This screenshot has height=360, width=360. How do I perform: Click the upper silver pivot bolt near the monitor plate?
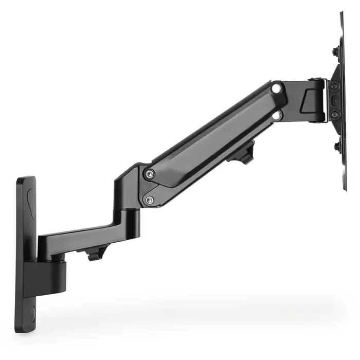278,89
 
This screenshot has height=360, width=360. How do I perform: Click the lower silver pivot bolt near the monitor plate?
277,116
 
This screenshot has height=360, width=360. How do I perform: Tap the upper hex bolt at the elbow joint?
149,174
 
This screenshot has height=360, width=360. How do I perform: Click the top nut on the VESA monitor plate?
335,51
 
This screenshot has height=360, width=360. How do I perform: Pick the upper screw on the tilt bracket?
335,85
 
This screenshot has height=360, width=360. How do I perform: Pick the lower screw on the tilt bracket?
335,114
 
